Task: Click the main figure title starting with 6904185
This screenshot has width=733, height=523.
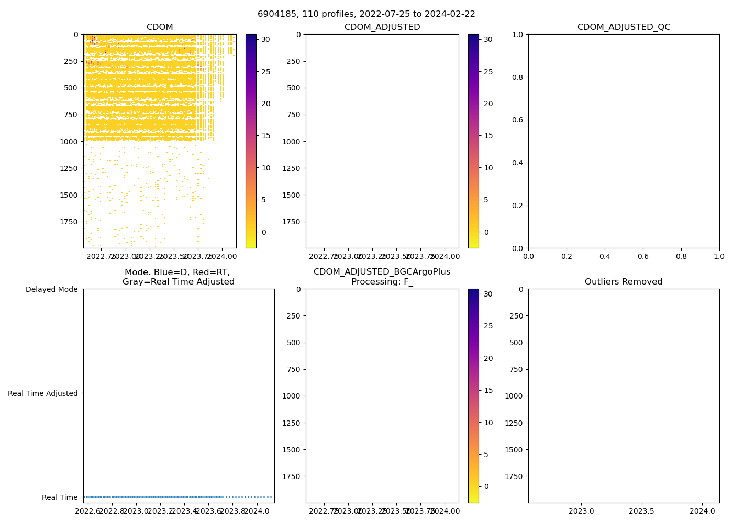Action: pos(366,14)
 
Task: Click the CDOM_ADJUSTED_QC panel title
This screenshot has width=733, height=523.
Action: pos(624,27)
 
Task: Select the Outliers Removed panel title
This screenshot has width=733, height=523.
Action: pos(624,282)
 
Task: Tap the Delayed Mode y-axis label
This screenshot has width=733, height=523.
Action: pos(51,289)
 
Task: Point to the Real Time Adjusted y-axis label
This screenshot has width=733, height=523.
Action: pos(43,393)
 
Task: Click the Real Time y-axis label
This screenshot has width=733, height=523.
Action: pos(60,497)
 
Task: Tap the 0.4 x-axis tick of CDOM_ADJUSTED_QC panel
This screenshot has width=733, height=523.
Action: pos(605,256)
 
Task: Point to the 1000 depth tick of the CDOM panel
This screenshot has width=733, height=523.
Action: pos(69,142)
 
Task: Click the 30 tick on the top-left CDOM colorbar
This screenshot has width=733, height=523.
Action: pos(265,39)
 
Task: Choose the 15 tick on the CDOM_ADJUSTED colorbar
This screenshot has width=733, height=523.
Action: pos(487,135)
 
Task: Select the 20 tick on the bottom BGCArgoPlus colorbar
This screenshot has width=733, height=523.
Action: pos(487,358)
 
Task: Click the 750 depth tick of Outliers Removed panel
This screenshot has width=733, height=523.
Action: pos(515,369)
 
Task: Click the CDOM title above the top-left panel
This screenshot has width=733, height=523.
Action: pos(160,27)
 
